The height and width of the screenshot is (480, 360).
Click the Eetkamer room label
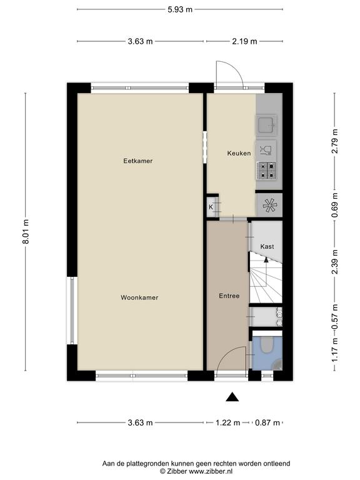[x=137, y=161]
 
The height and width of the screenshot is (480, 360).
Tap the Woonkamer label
[x=139, y=297]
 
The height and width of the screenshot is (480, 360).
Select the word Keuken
[x=239, y=153]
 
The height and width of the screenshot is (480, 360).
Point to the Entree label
[x=229, y=296]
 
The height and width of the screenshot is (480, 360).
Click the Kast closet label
[x=267, y=246]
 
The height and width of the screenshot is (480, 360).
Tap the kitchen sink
[x=266, y=125]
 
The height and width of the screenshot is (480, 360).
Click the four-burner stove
[x=267, y=171]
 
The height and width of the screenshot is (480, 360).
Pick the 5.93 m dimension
[x=180, y=9]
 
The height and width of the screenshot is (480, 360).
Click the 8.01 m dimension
[x=26, y=231]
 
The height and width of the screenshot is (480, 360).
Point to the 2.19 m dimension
[x=244, y=41]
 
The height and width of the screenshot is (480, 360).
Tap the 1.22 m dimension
[x=227, y=422]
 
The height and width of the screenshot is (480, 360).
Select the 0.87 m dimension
[x=267, y=422]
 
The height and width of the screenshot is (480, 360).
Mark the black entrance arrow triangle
[x=232, y=397]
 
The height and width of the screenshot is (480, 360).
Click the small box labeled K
[x=211, y=207]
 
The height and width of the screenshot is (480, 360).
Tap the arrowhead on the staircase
[x=266, y=259]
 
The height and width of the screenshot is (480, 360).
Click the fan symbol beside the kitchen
[x=269, y=206]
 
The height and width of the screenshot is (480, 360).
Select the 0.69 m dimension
[x=335, y=205]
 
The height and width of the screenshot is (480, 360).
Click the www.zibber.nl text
[x=211, y=471]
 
